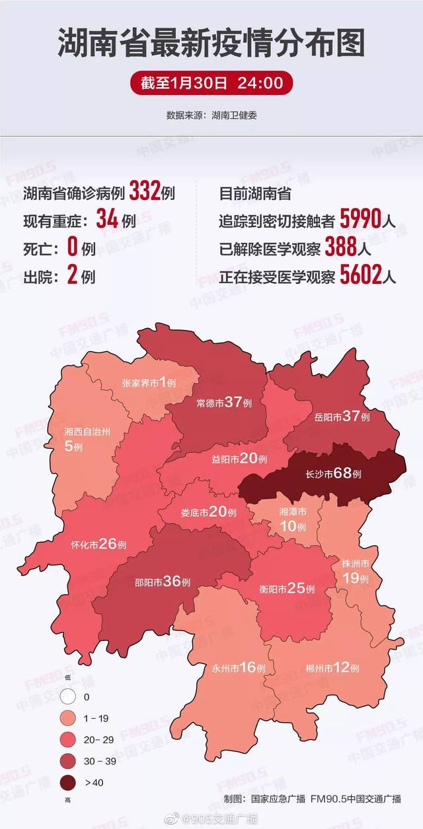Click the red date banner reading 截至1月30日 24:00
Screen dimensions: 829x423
211,84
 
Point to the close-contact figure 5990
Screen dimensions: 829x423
361,220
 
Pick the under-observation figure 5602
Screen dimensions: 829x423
361,277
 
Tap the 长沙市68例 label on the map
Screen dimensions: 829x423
334,474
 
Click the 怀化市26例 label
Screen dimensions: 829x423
98,545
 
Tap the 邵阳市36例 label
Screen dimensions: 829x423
163,582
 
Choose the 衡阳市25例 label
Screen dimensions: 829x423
286,588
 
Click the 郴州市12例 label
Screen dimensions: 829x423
332,667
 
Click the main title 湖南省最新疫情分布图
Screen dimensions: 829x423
211,45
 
